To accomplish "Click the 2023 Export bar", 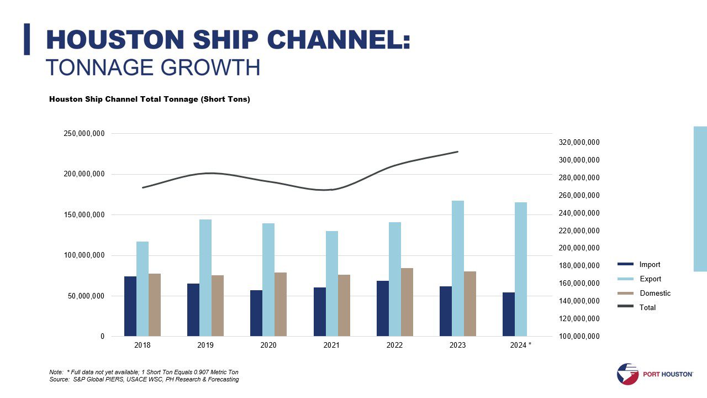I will click(458, 269).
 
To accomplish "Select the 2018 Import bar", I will click(130, 306).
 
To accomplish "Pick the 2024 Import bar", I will click(509, 314).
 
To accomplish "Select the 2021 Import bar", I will click(320, 312).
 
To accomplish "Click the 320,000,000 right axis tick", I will click(579, 143).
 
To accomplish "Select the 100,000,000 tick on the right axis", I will click(579, 337).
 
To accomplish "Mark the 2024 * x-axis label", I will click(521, 345).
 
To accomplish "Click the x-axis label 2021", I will click(331, 345).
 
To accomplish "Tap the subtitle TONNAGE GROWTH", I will click(152, 67).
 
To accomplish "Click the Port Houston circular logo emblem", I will click(627, 374).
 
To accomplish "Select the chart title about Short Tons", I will click(150, 99).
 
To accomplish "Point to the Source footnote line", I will click(144, 380).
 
